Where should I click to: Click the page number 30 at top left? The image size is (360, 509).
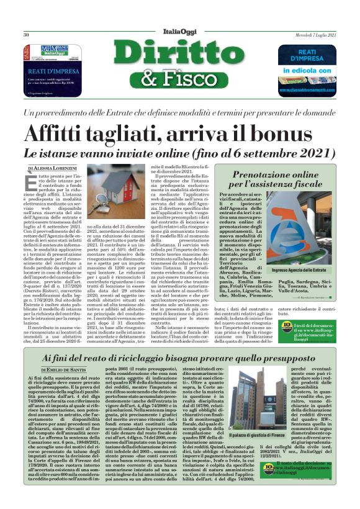pyautogui.click(x=27, y=35)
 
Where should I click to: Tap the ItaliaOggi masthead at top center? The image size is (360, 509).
pyautogui.click(x=180, y=34)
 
